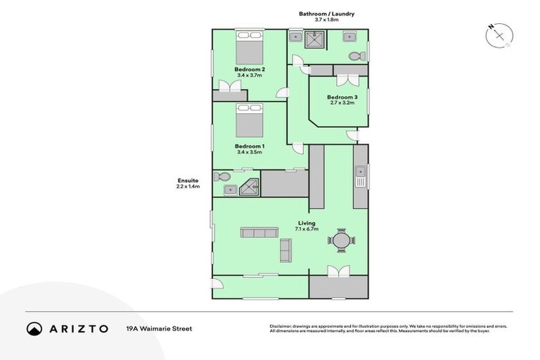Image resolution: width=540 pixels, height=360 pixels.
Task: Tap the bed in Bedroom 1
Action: point(249,121)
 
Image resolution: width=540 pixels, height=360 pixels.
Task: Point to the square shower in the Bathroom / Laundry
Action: point(316,41)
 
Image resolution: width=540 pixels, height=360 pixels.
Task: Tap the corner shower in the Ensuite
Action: point(250,186)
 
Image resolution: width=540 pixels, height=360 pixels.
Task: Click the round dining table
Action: point(342,240)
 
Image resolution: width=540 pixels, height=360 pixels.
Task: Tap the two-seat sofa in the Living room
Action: point(286,250)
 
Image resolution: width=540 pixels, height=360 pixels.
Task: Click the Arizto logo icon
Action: point(34,328)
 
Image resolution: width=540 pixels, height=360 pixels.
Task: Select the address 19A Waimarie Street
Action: point(159,328)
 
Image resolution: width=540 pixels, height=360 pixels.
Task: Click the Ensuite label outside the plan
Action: point(188,180)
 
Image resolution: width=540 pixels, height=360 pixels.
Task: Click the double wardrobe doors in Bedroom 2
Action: point(229,86)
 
